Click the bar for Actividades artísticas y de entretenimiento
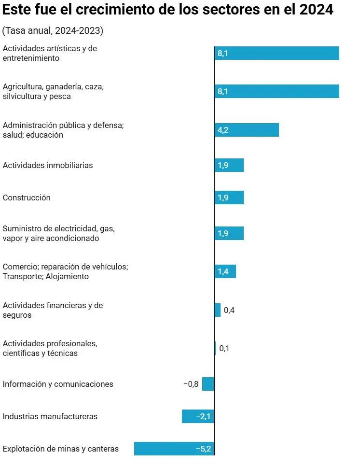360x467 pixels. point(277,53)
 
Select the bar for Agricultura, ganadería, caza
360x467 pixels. point(277,91)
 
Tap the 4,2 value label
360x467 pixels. point(222,130)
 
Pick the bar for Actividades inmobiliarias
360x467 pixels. point(229,165)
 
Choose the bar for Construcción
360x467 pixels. point(229,198)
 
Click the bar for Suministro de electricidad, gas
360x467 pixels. point(229,233)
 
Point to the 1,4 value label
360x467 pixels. point(222,271)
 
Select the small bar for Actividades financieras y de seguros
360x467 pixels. point(218,310)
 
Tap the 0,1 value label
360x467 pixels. point(224,348)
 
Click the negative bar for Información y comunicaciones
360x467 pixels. point(208,384)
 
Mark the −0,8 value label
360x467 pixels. point(191,384)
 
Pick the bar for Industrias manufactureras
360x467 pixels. point(198,416)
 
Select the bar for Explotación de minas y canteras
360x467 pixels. point(174,449)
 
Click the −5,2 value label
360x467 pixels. point(203,449)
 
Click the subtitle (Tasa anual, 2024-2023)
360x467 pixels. point(53,31)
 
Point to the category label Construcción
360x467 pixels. point(27,198)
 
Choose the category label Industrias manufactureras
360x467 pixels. point(50,416)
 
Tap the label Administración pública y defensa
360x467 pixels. point(63,126)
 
